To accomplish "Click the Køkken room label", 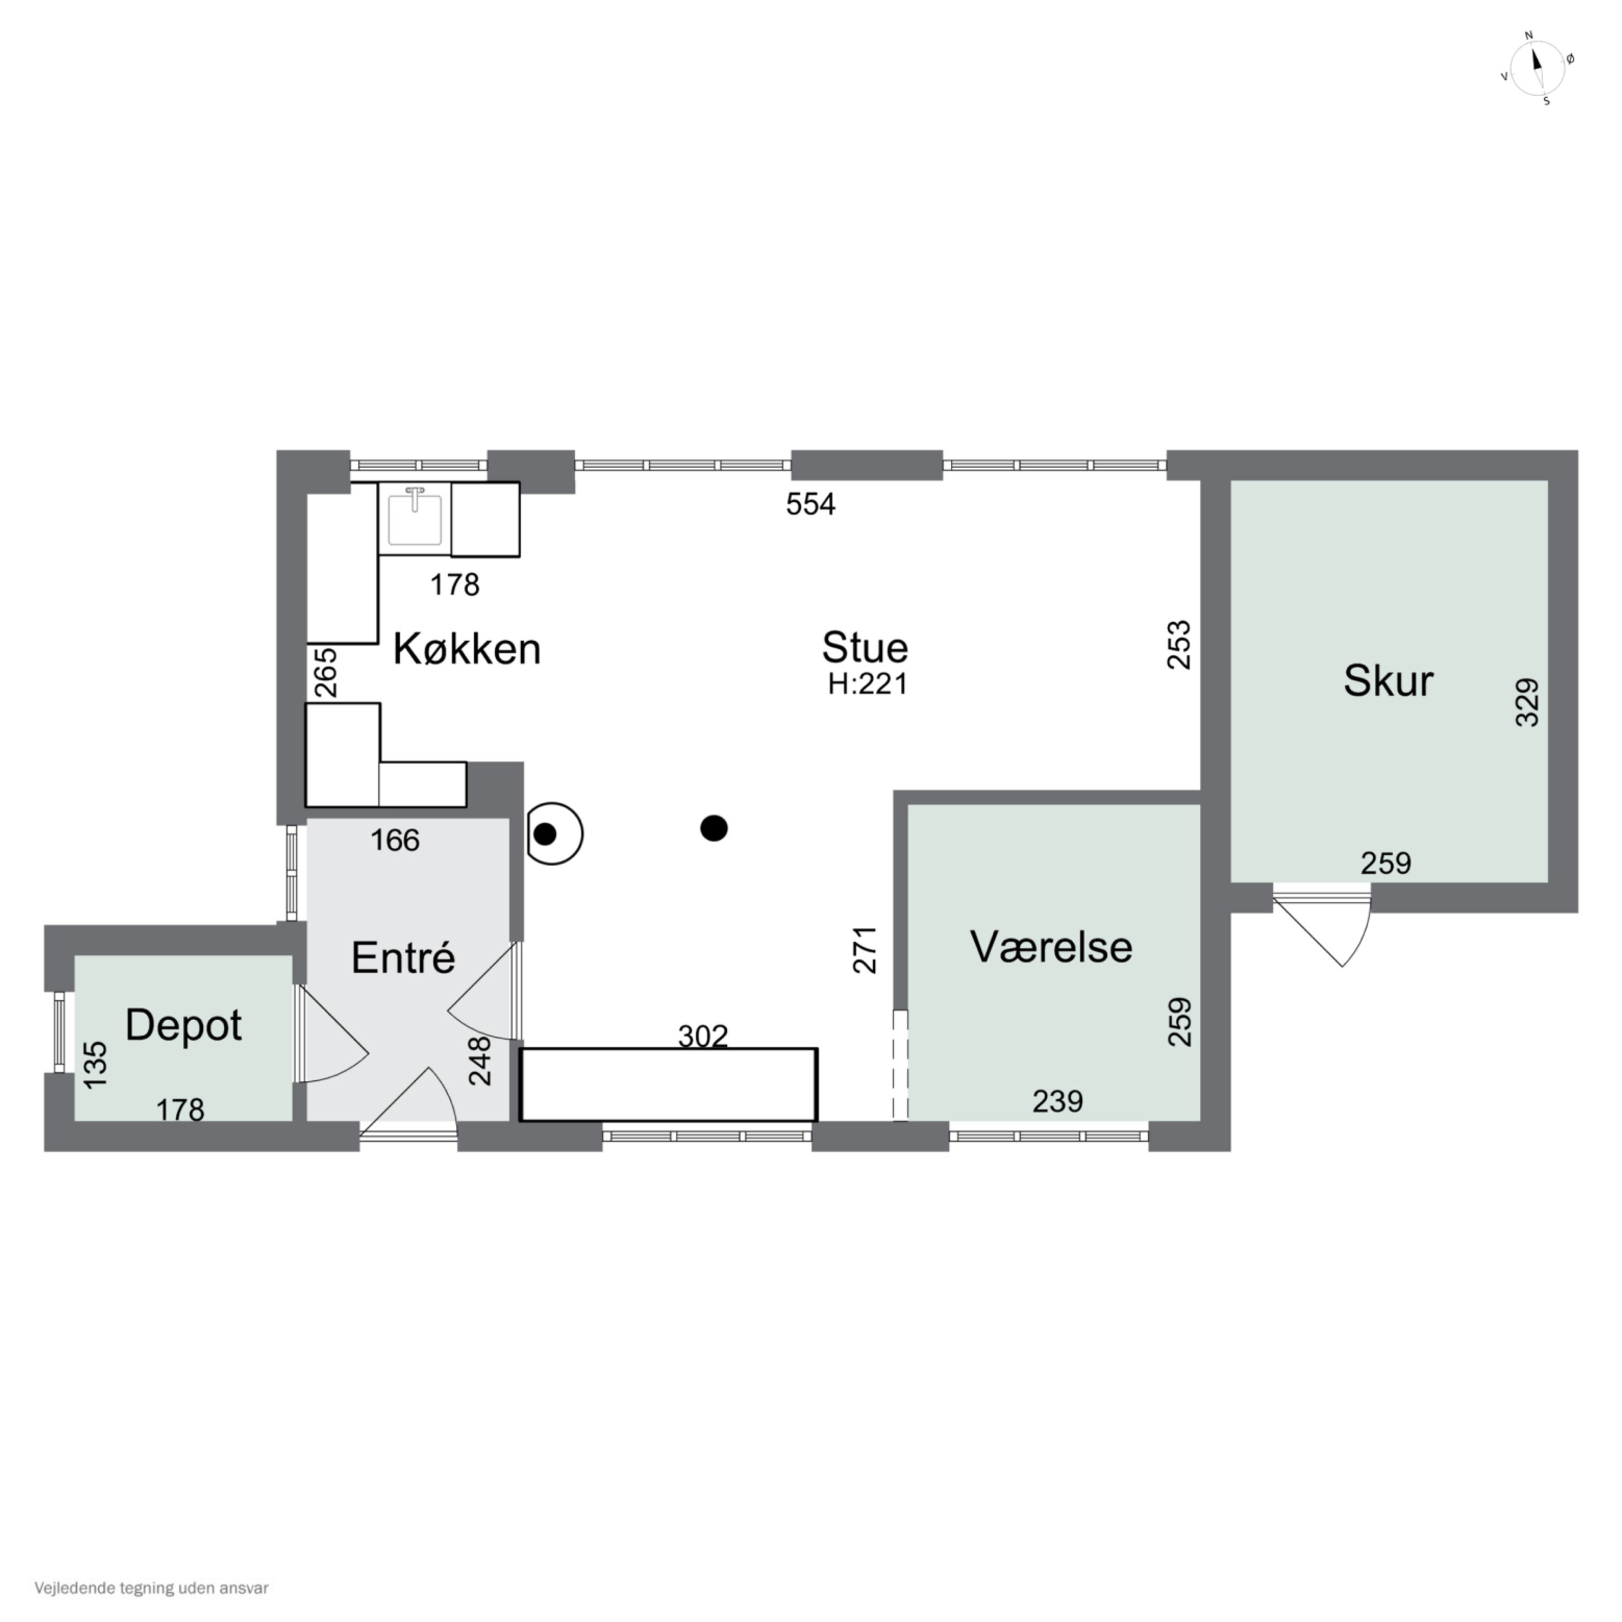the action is pos(467,649).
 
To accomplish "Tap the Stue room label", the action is pos(865,647).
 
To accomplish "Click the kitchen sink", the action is pos(415,518).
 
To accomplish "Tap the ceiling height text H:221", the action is pos(868,684).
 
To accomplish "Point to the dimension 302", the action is pos(703,1037).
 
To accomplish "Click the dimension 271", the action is pos(865,949).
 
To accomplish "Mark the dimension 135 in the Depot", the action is pos(97,1065).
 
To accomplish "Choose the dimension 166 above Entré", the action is pos(395,840).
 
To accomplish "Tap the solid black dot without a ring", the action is pos(714,828).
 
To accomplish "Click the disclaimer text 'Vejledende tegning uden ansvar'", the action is pos(151,1588).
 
